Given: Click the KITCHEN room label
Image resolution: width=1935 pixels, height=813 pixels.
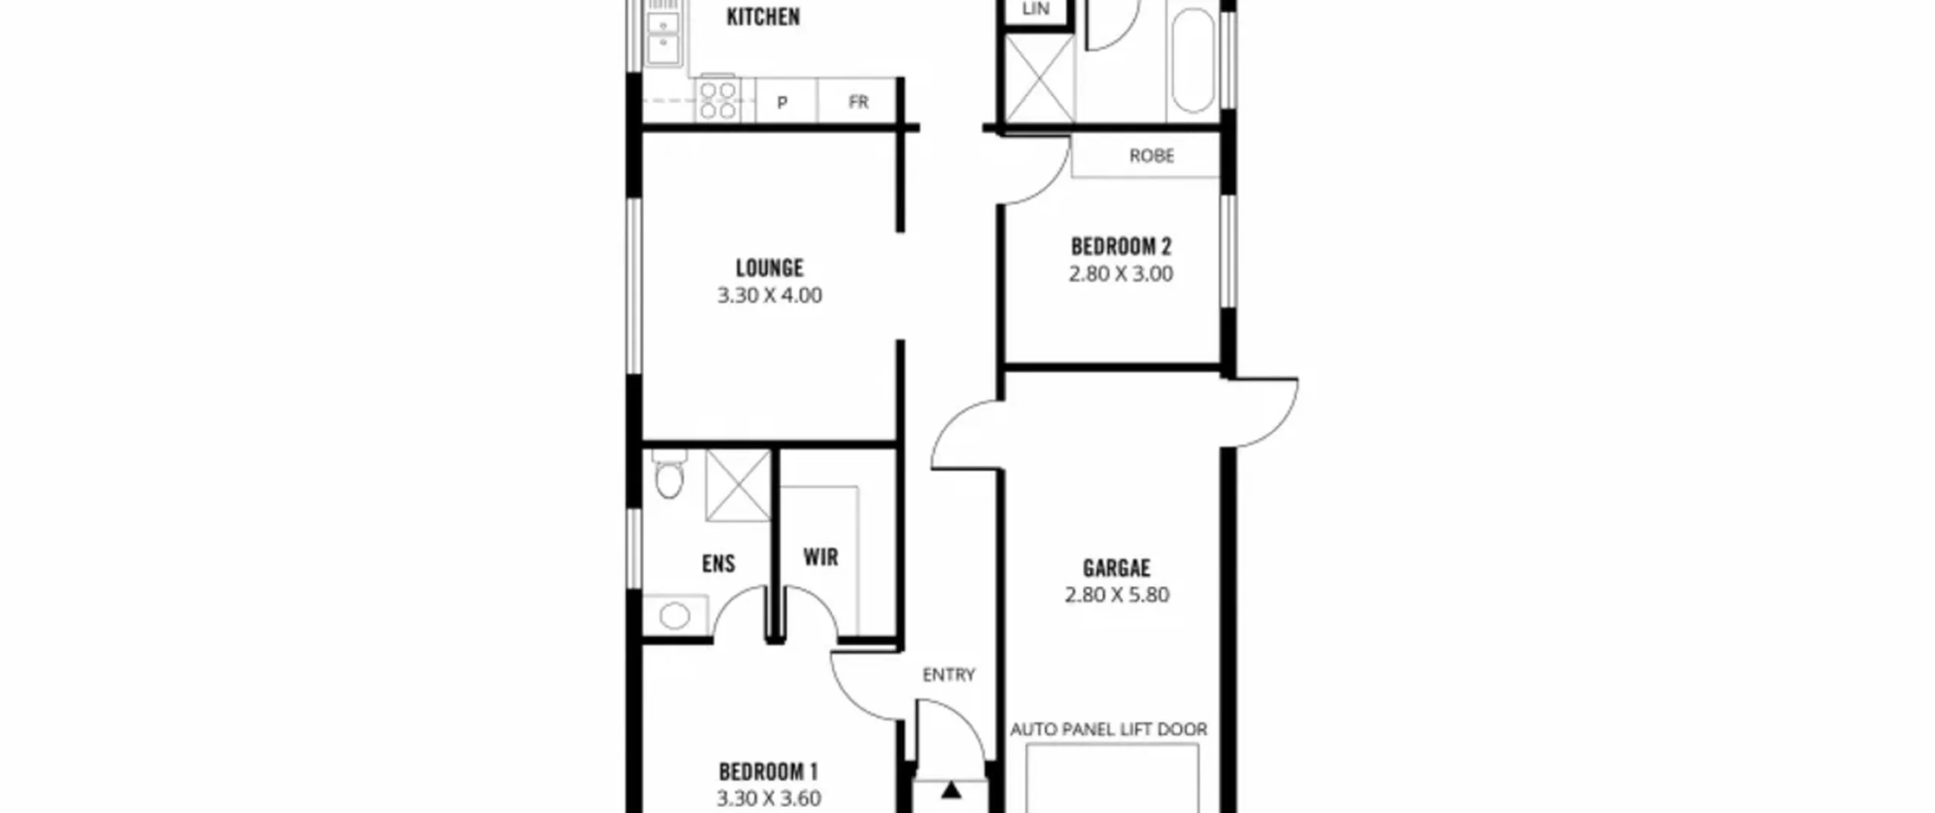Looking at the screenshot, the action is click(x=763, y=17).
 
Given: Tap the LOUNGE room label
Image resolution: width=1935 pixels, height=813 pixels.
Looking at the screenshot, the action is click(x=769, y=268).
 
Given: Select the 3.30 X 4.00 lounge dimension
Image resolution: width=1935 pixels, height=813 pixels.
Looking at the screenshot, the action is click(x=769, y=295).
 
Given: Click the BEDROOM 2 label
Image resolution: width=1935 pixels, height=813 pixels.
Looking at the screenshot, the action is click(x=1121, y=247).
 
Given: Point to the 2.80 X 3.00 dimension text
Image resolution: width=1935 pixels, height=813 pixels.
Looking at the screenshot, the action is click(x=1121, y=274).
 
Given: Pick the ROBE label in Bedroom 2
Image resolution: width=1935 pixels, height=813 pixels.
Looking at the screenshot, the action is click(x=1152, y=156).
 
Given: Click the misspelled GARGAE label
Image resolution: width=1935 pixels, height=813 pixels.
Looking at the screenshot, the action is click(x=1116, y=568).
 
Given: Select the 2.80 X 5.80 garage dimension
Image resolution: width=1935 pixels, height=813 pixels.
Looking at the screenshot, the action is click(x=1117, y=595).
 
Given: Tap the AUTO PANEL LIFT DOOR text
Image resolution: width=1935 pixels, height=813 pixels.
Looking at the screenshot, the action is click(x=1109, y=729).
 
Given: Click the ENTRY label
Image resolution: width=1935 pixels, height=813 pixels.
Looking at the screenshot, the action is click(x=949, y=675).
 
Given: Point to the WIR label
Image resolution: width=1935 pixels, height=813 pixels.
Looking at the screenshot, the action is click(x=821, y=557).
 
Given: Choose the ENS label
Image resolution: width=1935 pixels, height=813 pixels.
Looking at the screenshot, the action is click(x=718, y=563).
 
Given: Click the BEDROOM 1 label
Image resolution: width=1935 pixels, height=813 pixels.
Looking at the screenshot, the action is click(x=768, y=772).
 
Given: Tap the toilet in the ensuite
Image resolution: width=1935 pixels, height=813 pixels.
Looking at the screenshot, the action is click(x=669, y=473).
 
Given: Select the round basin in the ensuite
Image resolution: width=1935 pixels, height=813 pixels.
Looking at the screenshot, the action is click(x=674, y=616).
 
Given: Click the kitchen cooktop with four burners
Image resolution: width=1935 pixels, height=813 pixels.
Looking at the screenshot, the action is click(x=717, y=100).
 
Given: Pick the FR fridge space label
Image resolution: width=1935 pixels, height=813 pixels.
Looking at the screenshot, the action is click(x=859, y=102).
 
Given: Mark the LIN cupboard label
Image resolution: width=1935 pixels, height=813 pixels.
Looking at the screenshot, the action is click(x=1036, y=9).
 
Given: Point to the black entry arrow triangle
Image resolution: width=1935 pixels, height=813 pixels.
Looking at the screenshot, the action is click(x=951, y=791).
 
